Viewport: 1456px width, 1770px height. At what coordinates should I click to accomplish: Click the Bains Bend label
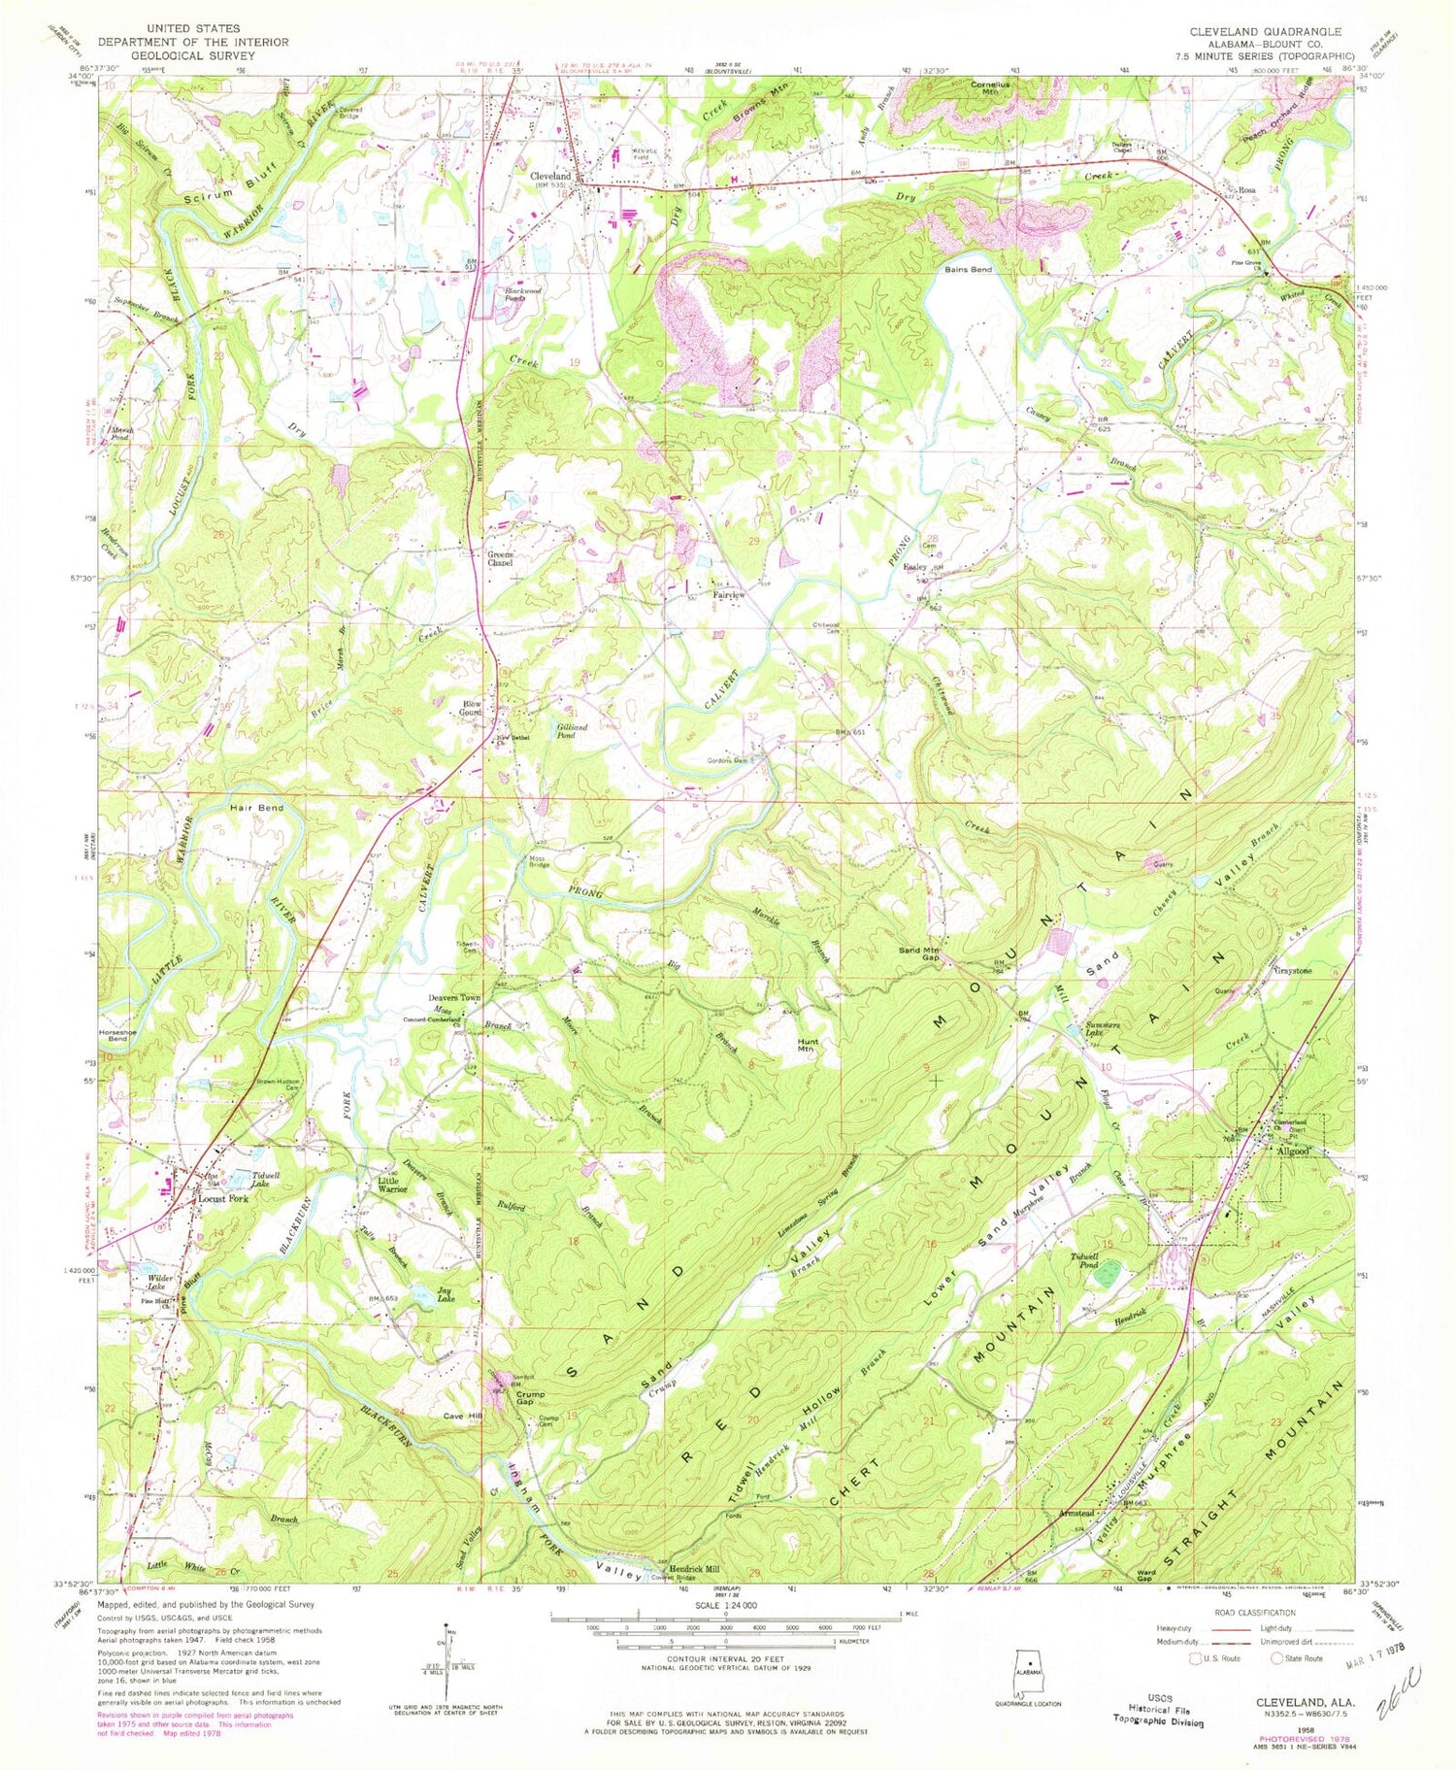[x=969, y=269]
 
